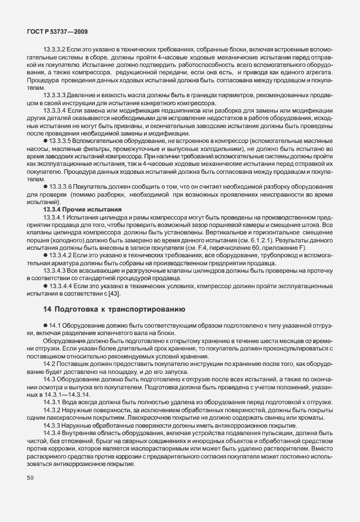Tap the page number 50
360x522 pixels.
click(31, 477)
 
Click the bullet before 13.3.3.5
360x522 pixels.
click(46, 141)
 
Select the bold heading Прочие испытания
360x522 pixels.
click(93, 210)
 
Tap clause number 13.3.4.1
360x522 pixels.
click(55, 217)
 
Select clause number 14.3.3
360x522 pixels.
click(53, 424)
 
